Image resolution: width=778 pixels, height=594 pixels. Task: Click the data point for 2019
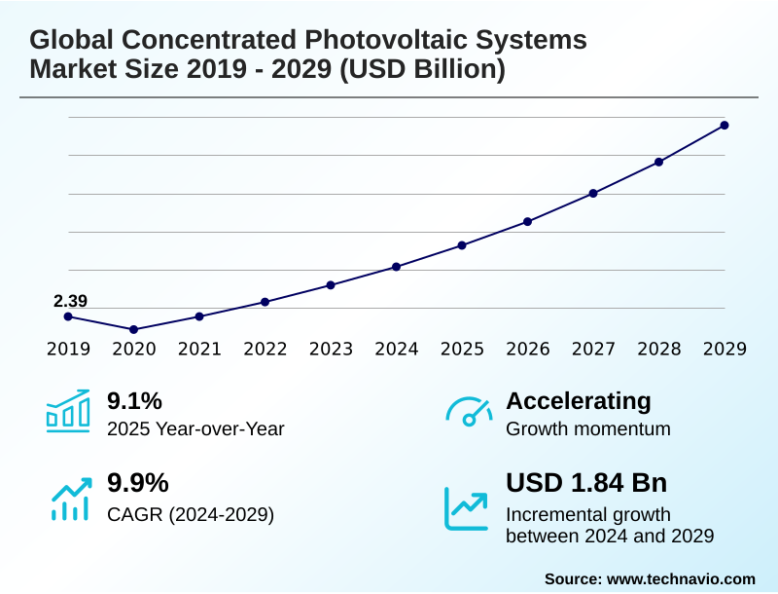point(68,316)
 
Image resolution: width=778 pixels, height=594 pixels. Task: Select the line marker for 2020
point(133,329)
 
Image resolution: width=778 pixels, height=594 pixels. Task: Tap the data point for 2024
point(396,267)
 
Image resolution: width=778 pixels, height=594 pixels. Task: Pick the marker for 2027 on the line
point(593,193)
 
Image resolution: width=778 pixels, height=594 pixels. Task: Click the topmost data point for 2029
point(725,125)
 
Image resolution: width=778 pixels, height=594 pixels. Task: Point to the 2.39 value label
point(70,301)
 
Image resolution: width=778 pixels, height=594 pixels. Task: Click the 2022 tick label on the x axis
point(265,350)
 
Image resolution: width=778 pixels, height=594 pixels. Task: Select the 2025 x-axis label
point(462,350)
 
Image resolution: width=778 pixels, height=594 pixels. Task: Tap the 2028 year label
point(659,350)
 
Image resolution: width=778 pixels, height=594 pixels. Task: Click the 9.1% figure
point(134,401)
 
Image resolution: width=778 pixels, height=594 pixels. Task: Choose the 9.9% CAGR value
point(137,483)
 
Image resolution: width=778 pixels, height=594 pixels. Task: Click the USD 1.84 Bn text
point(586,483)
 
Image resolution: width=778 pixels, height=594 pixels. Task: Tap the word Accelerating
point(579,401)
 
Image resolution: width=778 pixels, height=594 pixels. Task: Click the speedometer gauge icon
point(468,411)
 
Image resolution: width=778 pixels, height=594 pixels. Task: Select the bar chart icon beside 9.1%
point(68,410)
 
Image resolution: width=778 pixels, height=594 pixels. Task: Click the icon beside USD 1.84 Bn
point(467,506)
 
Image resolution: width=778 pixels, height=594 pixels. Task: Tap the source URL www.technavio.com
point(681,578)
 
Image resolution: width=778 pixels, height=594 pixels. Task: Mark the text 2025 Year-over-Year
point(195,428)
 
